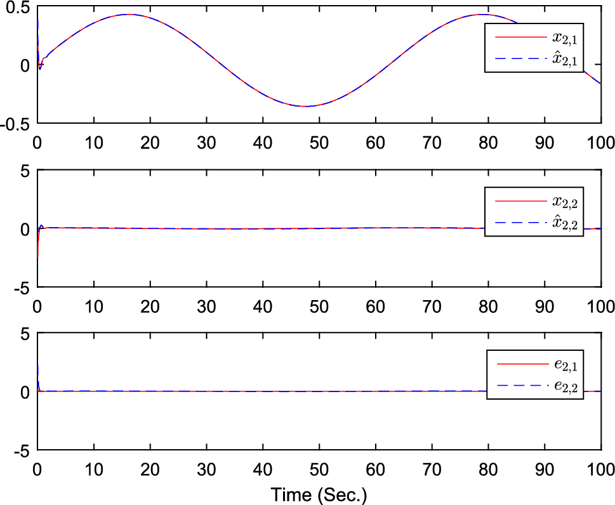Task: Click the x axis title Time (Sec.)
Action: point(319,494)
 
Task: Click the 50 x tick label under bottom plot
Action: point(319,470)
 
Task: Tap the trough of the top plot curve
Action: point(305,106)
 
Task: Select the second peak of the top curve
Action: point(482,14)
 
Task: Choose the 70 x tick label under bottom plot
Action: point(432,470)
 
